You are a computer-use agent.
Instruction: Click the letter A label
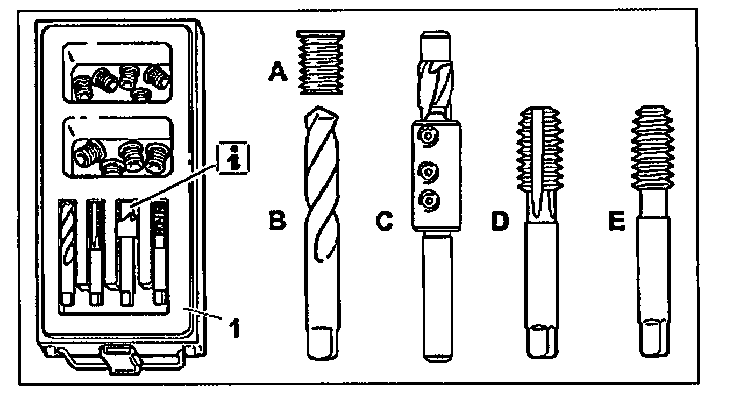click(x=277, y=70)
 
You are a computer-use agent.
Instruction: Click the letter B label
click(x=277, y=221)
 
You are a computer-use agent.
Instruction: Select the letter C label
click(x=385, y=221)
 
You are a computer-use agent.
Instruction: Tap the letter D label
click(x=499, y=221)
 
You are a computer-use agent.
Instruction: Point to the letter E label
click(x=617, y=221)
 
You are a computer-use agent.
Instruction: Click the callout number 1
click(x=232, y=329)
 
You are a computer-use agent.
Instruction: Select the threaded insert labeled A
click(x=321, y=62)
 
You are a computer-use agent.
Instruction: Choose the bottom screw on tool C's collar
click(x=428, y=200)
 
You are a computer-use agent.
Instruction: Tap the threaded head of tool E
click(x=652, y=146)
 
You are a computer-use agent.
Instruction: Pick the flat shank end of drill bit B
click(x=324, y=341)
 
